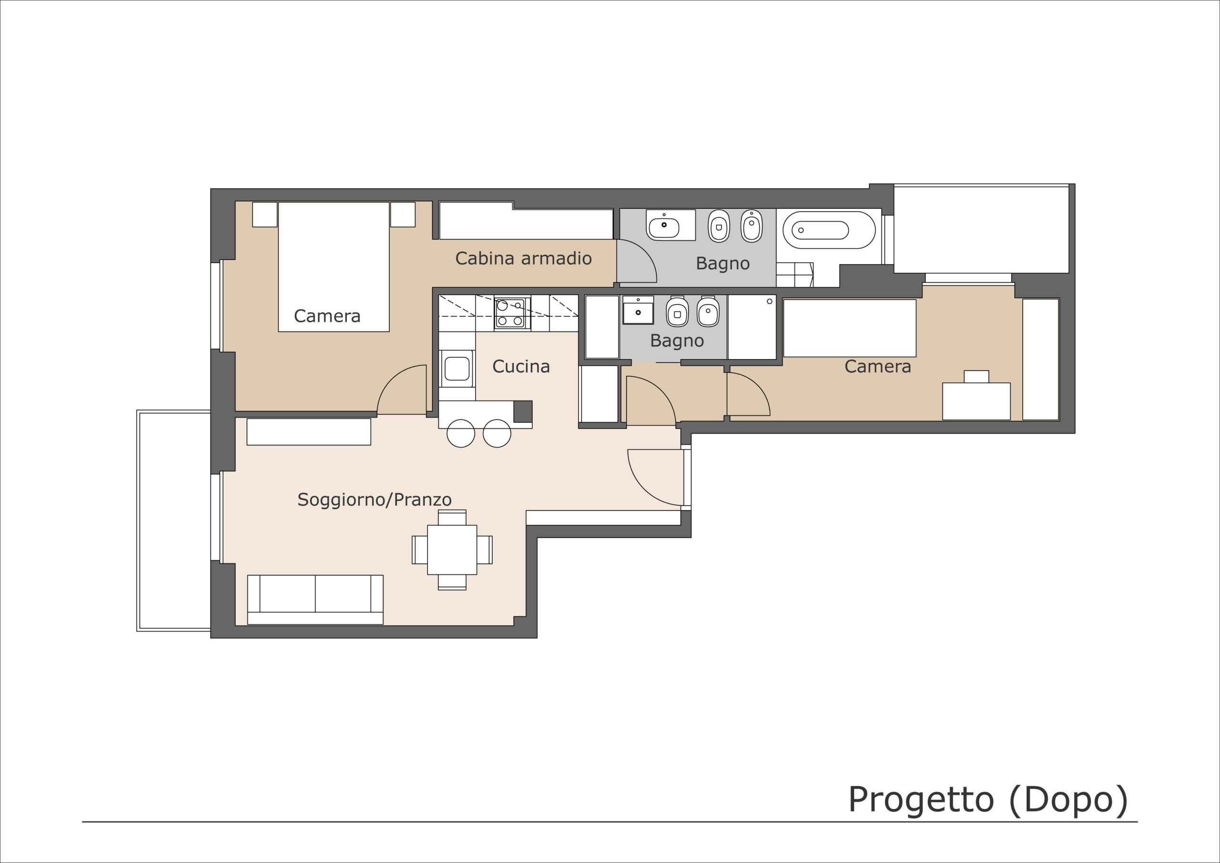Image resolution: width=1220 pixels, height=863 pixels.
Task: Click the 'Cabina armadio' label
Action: [523, 258]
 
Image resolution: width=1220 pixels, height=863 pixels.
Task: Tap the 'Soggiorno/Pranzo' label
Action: [375, 499]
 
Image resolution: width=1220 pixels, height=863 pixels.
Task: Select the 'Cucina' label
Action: [521, 366]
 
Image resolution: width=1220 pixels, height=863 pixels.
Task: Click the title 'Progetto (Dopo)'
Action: [988, 799]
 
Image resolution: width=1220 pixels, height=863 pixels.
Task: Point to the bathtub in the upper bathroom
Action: [829, 230]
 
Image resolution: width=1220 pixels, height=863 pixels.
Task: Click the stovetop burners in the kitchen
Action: [510, 313]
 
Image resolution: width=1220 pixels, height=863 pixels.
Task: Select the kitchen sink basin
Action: [457, 368]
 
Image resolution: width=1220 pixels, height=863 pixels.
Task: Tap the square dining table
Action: [452, 550]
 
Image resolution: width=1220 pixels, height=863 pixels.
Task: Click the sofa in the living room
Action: [315, 599]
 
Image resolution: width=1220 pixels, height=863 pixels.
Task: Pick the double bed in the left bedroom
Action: [334, 267]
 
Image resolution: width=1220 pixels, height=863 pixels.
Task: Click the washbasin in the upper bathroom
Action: [671, 225]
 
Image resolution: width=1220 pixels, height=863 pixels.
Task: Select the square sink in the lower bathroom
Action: [638, 310]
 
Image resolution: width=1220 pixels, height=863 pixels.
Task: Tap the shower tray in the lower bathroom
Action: [752, 327]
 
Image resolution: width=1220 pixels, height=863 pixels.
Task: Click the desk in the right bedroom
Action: [976, 401]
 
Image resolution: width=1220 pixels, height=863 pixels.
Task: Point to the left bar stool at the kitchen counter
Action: [461, 433]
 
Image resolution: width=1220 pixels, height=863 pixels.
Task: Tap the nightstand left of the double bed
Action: [264, 214]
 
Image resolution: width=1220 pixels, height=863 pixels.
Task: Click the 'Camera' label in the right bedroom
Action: [878, 366]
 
